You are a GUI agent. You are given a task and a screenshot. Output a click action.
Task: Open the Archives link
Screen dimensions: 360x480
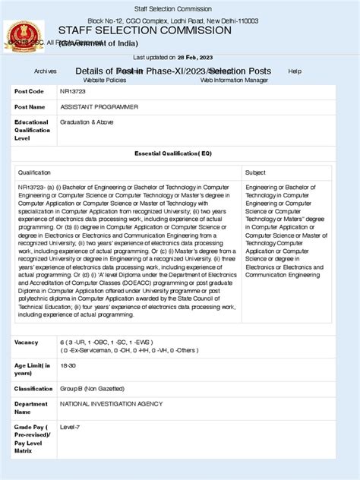click(46, 71)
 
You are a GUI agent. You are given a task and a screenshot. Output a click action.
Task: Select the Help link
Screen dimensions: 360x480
click(295, 71)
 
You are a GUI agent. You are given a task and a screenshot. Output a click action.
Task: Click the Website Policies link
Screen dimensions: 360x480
click(104, 80)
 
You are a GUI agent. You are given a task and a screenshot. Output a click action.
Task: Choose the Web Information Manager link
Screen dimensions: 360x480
click(234, 80)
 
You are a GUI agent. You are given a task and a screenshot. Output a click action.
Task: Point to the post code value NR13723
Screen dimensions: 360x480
click(73, 91)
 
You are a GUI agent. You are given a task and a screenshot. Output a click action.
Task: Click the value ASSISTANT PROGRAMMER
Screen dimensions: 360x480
click(99, 107)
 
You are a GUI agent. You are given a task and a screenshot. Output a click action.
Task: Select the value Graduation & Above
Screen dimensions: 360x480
click(88, 122)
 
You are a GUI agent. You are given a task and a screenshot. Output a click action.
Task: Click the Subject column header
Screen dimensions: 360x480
click(256, 173)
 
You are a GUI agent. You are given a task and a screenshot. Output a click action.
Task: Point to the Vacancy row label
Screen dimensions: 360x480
click(26, 343)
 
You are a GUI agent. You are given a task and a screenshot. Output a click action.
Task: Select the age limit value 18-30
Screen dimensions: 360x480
click(68, 365)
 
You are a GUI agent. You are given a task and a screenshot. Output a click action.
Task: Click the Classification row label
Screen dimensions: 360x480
click(33, 388)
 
